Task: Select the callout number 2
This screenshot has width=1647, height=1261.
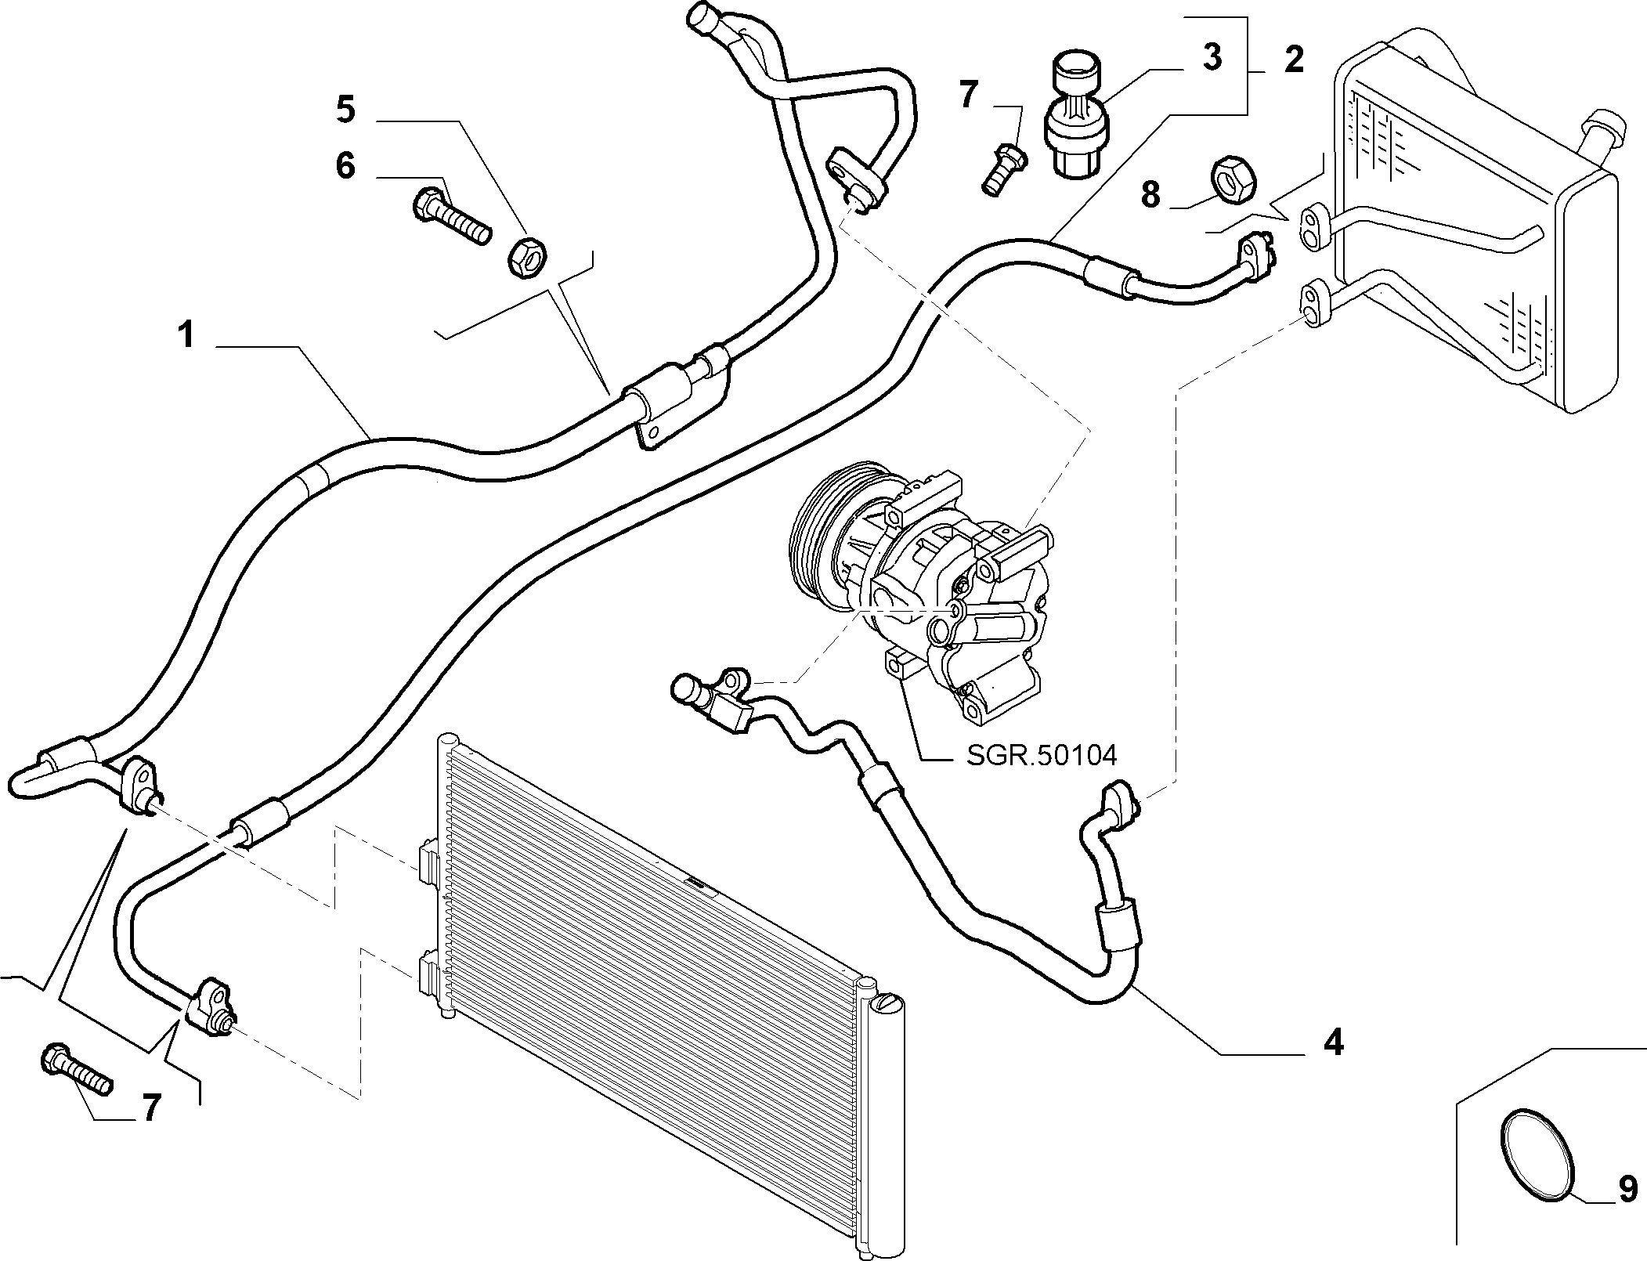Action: pos(1294,60)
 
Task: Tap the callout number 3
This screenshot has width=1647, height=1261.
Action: pos(1212,58)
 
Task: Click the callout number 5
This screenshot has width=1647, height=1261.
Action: pos(345,110)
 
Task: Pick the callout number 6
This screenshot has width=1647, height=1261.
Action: pos(345,166)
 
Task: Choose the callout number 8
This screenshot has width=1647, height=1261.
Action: pos(1150,194)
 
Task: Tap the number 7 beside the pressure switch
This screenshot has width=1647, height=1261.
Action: pos(968,96)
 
